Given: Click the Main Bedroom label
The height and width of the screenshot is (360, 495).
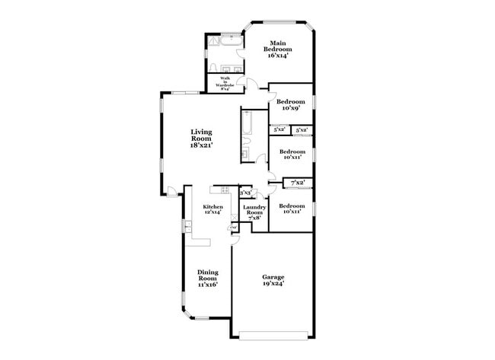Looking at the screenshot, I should pyautogui.click(x=278, y=47).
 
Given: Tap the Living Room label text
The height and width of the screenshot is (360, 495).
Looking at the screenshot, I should pyautogui.click(x=201, y=136).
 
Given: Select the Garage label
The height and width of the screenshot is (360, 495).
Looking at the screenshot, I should pyautogui.click(x=273, y=278).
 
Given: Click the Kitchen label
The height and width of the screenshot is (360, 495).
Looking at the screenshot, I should pyautogui.click(x=212, y=207).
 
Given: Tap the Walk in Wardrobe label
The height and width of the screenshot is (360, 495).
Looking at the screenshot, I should pyautogui.click(x=226, y=81).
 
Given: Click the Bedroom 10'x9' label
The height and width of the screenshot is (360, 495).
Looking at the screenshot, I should pyautogui.click(x=290, y=105).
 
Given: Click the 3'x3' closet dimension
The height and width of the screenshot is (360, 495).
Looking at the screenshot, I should pyautogui.click(x=245, y=193).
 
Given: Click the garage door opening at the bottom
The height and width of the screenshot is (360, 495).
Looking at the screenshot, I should pyautogui.click(x=273, y=334).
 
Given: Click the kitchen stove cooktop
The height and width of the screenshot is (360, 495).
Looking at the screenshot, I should pyautogui.click(x=219, y=190).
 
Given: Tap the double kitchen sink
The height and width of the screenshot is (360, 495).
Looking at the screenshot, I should pyautogui.click(x=187, y=226).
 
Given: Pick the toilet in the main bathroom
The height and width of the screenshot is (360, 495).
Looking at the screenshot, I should pyautogui.click(x=212, y=65).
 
